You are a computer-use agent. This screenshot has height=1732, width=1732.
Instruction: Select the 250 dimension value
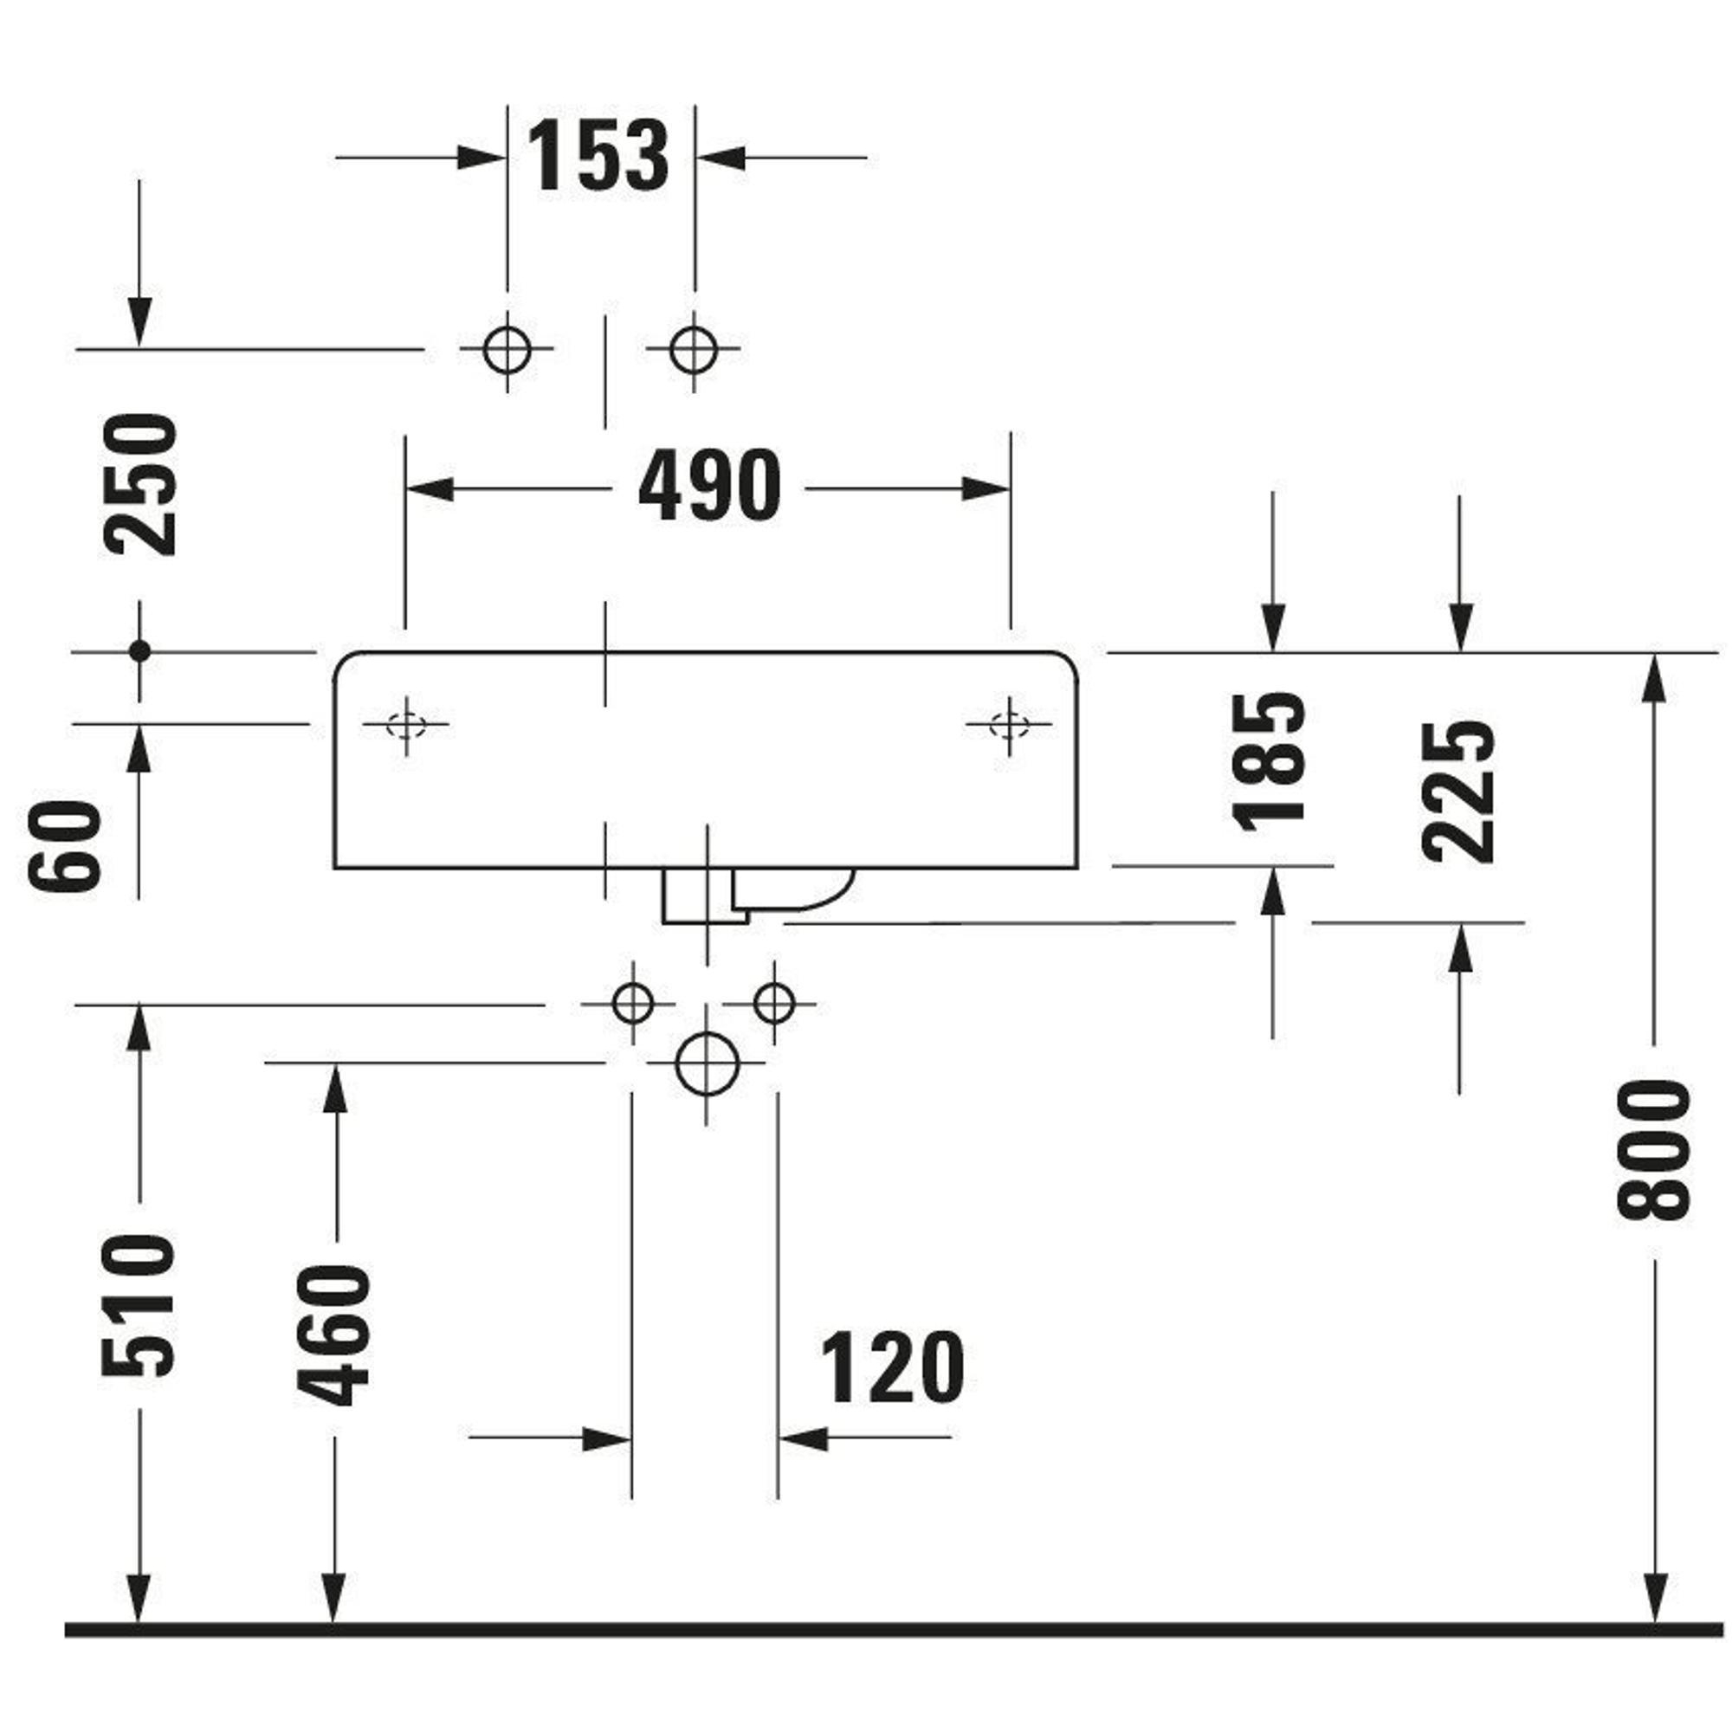coord(141,484)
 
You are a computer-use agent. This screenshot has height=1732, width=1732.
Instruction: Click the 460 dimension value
coord(333,1335)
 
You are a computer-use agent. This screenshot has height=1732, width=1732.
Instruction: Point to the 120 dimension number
coord(892,1368)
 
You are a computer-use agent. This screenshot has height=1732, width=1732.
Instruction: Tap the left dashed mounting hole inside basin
coord(406,724)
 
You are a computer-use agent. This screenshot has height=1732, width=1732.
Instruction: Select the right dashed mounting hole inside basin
coord(1010,724)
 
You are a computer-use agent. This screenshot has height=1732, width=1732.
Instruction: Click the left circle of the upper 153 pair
coord(507,349)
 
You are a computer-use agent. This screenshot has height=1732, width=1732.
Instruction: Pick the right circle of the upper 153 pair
coord(694,349)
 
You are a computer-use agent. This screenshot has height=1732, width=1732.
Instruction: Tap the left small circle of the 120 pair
coord(632,1003)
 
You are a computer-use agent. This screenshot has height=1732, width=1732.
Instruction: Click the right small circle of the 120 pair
coord(774,1003)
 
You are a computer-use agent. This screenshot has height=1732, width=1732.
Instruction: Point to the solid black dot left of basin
coord(139,652)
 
